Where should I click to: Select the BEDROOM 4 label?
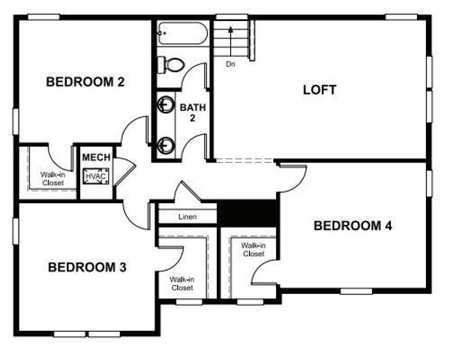352,225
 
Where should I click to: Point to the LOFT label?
319,90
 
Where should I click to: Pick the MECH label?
96,157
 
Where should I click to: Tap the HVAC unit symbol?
96,177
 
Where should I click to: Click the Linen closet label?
187,217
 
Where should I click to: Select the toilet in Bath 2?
171,65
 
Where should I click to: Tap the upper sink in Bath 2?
163,106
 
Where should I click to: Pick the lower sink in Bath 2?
163,143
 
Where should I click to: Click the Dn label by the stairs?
230,64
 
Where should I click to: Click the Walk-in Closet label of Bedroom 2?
52,178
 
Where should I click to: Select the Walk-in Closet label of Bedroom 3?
181,283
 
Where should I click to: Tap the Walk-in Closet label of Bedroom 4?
253,249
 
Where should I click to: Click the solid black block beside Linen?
247,211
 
